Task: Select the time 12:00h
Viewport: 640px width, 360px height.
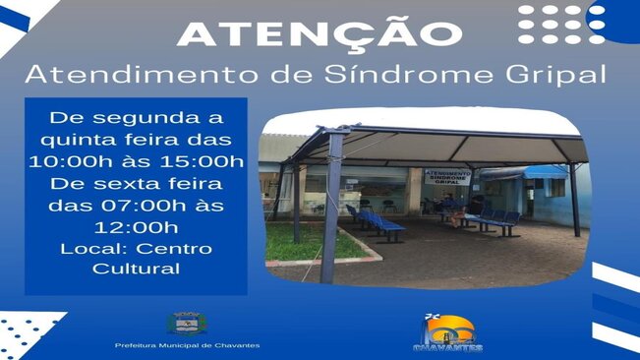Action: coord(136,226)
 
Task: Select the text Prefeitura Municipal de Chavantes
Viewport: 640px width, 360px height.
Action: coord(187,346)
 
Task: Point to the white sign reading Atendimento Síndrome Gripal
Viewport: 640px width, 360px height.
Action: coord(447,178)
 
